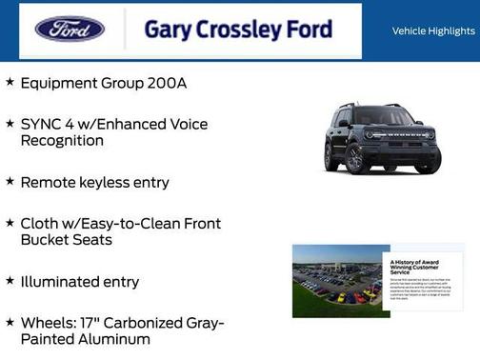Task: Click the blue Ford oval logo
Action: [x=70, y=30]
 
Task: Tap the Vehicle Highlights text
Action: [x=433, y=31]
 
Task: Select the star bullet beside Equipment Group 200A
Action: [x=10, y=83]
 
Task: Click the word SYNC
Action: [x=41, y=125]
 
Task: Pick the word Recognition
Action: [x=62, y=141]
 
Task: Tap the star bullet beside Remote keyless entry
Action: [x=10, y=181]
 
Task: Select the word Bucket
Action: [x=47, y=240]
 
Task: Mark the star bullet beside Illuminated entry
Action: [x=10, y=281]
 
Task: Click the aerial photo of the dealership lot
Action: [x=339, y=281]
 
